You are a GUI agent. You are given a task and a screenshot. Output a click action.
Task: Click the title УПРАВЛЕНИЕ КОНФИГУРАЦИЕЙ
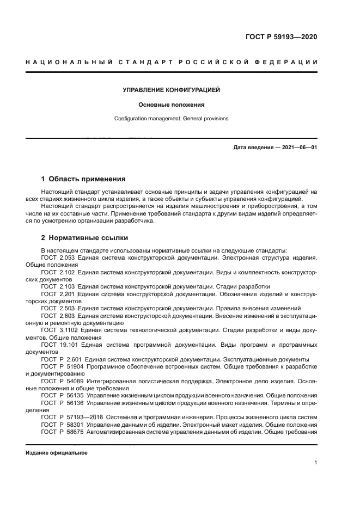[171, 89]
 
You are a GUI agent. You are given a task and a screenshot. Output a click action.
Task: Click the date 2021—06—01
[299, 148]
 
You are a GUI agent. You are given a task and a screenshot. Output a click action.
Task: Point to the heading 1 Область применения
[83, 179]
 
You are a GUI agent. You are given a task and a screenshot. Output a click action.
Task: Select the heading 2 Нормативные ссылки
[84, 237]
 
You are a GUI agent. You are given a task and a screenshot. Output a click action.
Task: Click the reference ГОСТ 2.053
[59, 256]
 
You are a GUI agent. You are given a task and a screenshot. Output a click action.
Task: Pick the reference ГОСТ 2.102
[59, 271]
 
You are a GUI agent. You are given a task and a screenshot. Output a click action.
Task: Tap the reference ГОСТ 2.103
[59, 286]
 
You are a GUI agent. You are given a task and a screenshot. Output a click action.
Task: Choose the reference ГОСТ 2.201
[59, 293]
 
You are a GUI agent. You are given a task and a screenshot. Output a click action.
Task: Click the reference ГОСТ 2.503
[59, 308]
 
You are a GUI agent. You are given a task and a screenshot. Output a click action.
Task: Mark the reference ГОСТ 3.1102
[60, 330]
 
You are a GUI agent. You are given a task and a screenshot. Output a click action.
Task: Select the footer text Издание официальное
[57, 453]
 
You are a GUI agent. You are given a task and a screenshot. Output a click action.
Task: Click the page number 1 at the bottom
[315, 463]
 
